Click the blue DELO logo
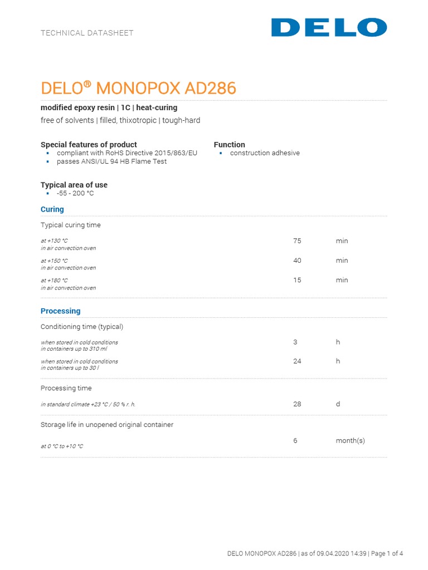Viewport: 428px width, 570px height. point(329,27)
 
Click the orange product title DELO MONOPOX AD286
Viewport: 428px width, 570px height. point(139,88)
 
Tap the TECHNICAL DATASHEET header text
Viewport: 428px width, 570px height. point(87,33)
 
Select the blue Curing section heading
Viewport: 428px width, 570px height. point(52,209)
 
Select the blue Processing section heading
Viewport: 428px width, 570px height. point(61,311)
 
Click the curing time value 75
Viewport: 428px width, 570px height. point(297,241)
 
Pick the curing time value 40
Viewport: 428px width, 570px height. point(297,261)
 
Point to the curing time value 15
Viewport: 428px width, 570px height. point(297,280)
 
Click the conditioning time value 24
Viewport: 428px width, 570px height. point(297,361)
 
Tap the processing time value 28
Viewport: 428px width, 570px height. point(297,404)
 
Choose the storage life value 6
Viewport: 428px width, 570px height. point(295,440)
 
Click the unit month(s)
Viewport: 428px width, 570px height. point(350,440)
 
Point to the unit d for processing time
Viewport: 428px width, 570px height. point(338,404)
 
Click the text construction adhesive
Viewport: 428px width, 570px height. point(265,153)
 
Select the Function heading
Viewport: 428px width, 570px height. point(230,145)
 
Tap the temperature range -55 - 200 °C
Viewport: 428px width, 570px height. point(75,193)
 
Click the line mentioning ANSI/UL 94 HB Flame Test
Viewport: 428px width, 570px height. point(111,161)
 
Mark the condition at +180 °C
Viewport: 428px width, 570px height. point(54,281)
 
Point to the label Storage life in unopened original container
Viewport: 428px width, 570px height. point(107,425)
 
